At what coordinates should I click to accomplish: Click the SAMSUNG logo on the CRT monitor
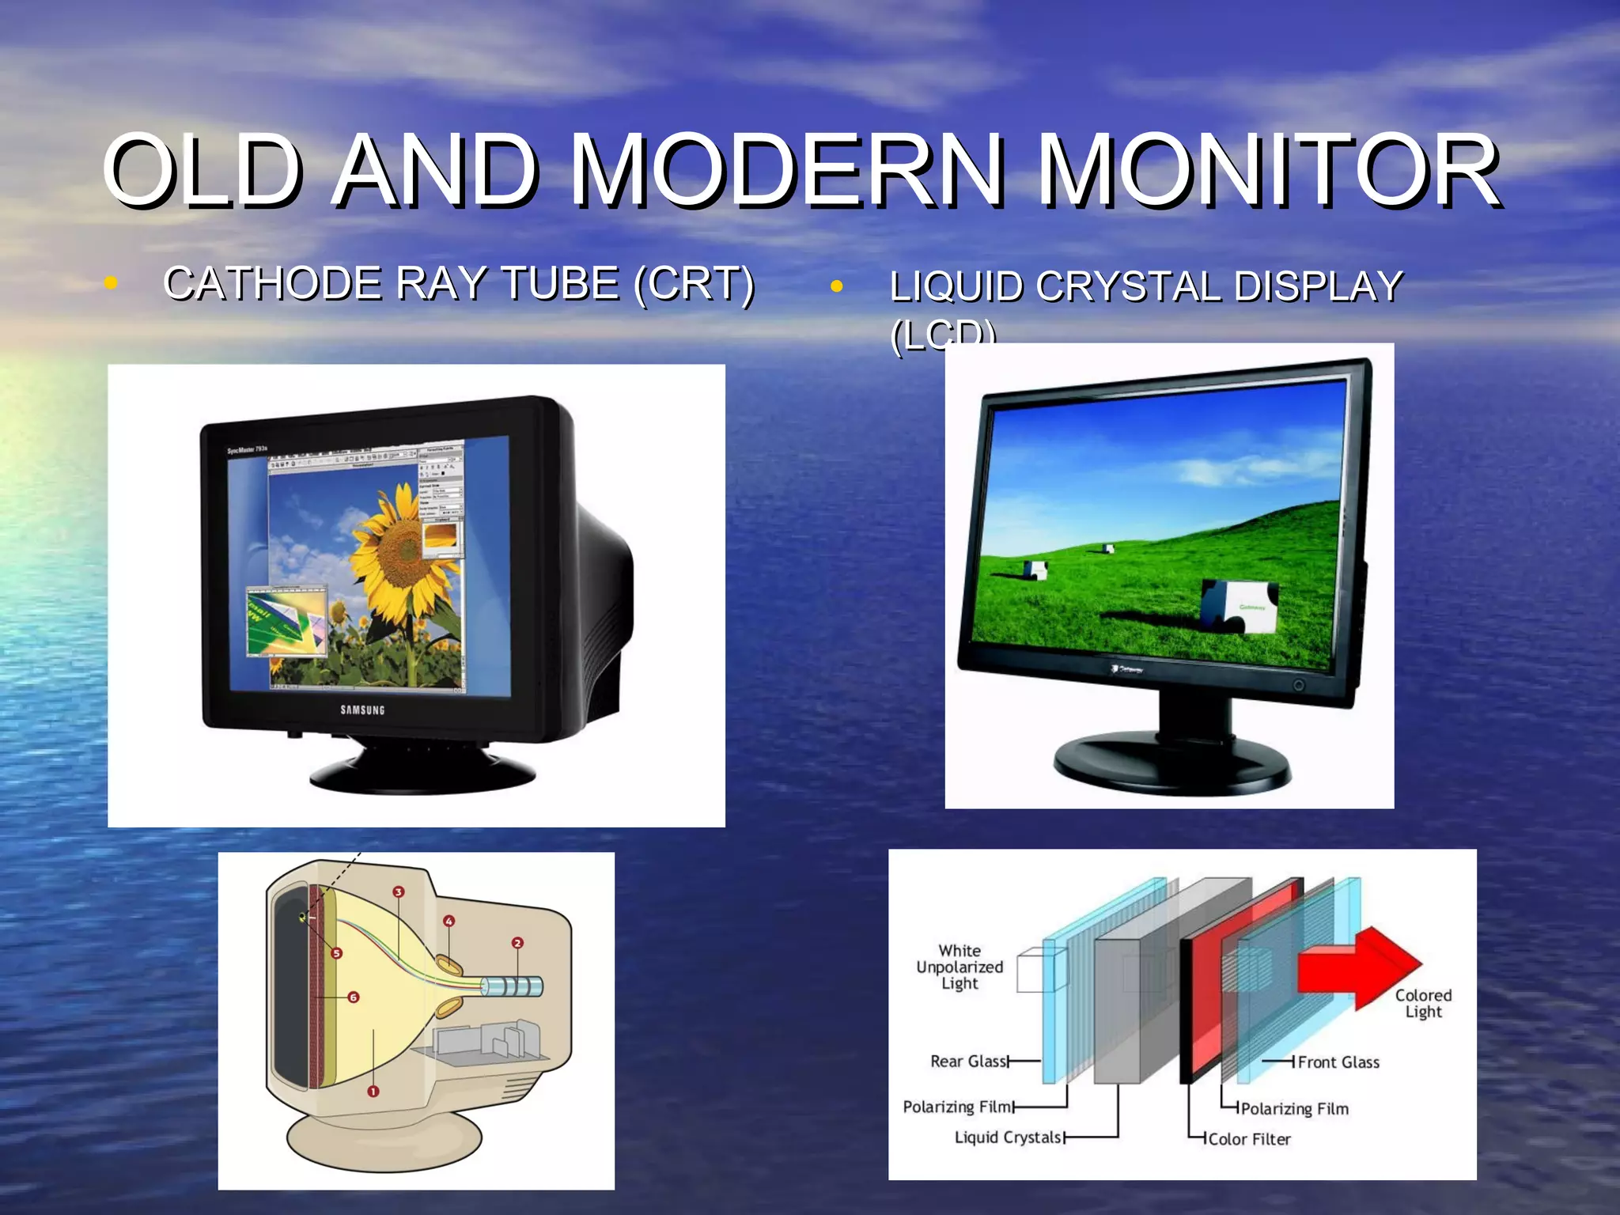pyautogui.click(x=362, y=710)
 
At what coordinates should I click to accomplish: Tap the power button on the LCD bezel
pyautogui.click(x=1298, y=685)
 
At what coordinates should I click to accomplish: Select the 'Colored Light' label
pyautogui.click(x=1423, y=1003)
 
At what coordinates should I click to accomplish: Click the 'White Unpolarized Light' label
pyautogui.click(x=960, y=967)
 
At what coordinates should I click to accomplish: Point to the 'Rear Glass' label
pyautogui.click(x=969, y=1062)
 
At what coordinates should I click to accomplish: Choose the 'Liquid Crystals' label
pyautogui.click(x=1008, y=1137)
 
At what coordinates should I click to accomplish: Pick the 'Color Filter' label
pyautogui.click(x=1249, y=1139)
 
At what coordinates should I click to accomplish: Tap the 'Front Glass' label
pyautogui.click(x=1338, y=1062)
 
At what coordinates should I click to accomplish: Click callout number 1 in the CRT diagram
pyautogui.click(x=373, y=1092)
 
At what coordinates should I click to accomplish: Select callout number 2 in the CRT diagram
pyautogui.click(x=517, y=943)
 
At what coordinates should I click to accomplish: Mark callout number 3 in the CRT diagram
pyautogui.click(x=399, y=892)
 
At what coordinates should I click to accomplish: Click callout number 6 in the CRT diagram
pyautogui.click(x=354, y=997)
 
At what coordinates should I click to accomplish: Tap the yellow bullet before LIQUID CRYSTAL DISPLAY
pyautogui.click(x=836, y=286)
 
